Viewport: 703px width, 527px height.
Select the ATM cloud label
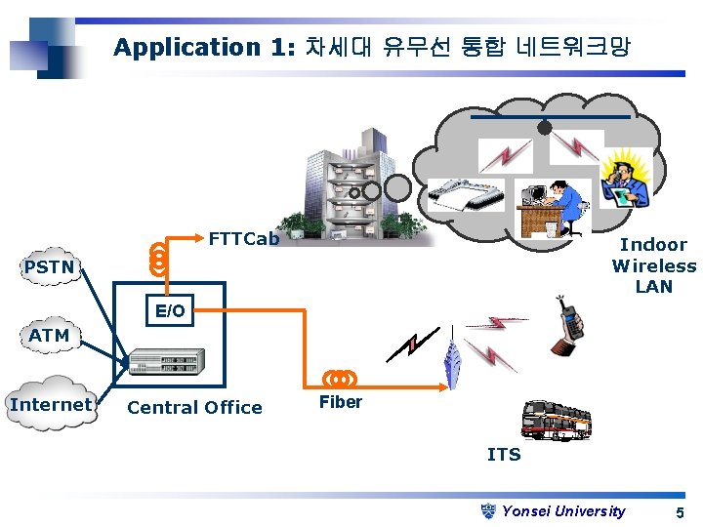coord(49,336)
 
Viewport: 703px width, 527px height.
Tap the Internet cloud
coord(52,404)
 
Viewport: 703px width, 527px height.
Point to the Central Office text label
coord(194,408)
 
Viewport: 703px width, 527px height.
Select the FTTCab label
coord(244,238)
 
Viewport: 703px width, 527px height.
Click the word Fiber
coord(341,402)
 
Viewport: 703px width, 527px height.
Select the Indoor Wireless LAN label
coord(653,265)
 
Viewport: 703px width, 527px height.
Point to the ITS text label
coord(504,455)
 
